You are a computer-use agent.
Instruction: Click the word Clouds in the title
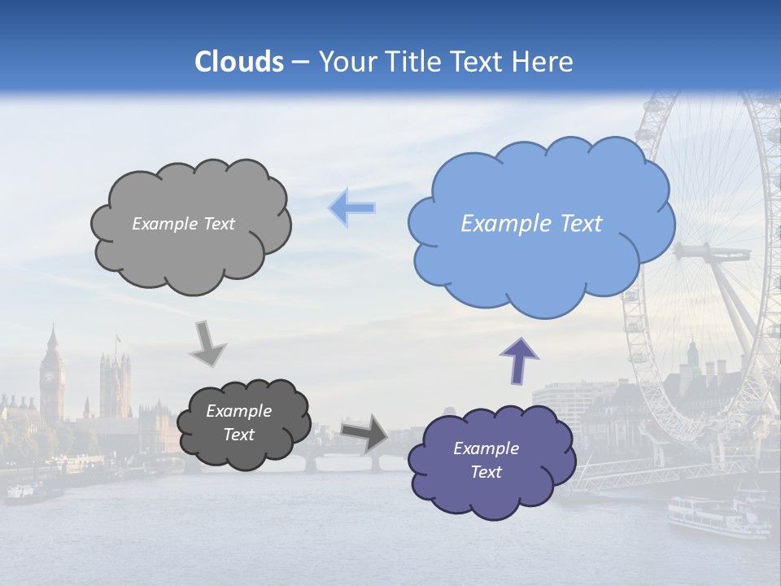239,62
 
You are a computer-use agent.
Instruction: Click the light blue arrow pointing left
352,207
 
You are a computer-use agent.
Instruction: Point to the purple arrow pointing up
519,360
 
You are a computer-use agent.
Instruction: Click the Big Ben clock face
51,376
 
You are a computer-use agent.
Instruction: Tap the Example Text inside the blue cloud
531,224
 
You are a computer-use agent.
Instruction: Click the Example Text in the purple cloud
486,460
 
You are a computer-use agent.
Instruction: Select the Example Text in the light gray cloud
183,224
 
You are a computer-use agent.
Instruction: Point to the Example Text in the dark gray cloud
238,422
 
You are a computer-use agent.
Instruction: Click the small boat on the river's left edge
33,490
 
